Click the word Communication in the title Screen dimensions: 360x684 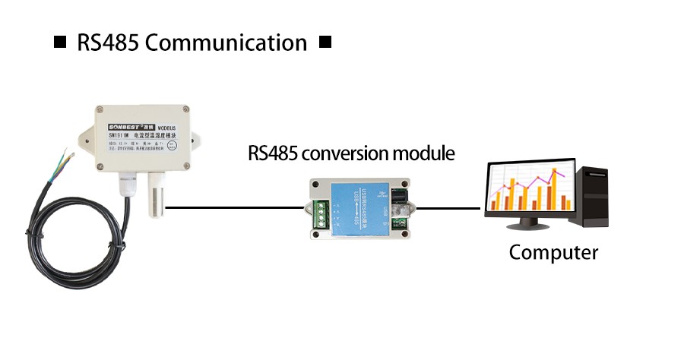pos(226,43)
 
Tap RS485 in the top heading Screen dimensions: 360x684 pos(106,43)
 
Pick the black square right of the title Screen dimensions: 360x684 pos(325,42)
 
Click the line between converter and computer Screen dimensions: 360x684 pos(448,207)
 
